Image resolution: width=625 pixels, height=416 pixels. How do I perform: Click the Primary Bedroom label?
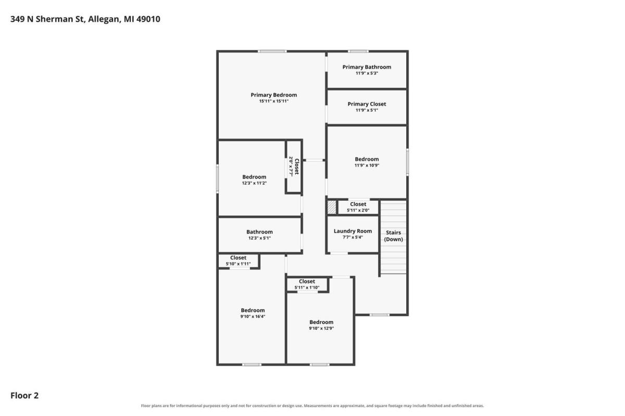coord(273,95)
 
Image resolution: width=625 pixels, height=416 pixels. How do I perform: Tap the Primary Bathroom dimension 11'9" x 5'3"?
coord(367,73)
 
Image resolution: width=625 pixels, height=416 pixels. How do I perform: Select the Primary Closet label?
coord(367,104)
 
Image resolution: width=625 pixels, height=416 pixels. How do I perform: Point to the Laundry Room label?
coord(353,231)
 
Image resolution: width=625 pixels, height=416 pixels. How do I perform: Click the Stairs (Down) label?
coord(393,236)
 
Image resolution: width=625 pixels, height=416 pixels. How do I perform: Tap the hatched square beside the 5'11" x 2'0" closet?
coord(332,207)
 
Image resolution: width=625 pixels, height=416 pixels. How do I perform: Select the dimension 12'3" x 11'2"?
coord(254,183)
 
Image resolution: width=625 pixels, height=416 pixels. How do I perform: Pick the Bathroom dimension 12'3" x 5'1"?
coord(259,238)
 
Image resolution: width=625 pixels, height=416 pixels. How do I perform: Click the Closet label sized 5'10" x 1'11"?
coord(238,258)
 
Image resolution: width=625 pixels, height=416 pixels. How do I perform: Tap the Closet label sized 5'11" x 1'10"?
coord(307,281)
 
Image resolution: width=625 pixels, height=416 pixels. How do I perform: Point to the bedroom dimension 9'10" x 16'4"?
coord(253,316)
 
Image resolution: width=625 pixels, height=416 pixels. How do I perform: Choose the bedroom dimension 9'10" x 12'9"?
coord(321,328)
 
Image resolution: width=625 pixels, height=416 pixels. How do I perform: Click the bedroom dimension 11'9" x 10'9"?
coord(367,165)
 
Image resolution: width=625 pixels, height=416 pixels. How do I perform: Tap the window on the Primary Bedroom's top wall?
coord(272,51)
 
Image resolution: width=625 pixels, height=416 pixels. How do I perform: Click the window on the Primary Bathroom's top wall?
coord(358,51)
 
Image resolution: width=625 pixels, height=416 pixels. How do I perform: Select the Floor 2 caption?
coord(24,395)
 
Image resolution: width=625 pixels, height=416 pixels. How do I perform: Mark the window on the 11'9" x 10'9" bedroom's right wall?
coord(407,162)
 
